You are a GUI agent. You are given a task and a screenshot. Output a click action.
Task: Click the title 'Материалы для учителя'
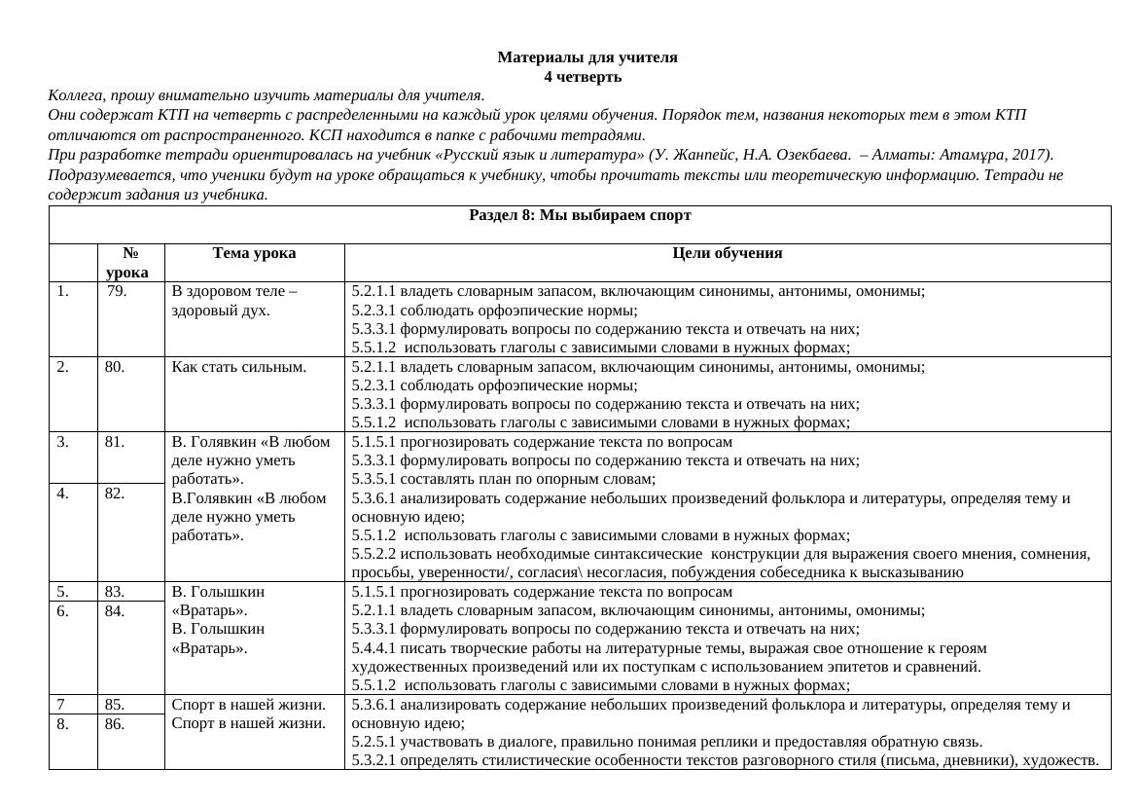pyautogui.click(x=587, y=57)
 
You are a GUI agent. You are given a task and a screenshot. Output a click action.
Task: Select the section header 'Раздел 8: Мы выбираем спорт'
pyautogui.click(x=580, y=215)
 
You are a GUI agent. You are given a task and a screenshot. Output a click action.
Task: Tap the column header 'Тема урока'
pyautogui.click(x=254, y=253)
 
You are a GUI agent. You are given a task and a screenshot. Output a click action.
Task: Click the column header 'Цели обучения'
pyautogui.click(x=727, y=253)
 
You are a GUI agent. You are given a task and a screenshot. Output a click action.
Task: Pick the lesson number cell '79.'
pyautogui.click(x=118, y=290)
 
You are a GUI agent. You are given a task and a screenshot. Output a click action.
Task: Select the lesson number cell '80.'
pyautogui.click(x=115, y=367)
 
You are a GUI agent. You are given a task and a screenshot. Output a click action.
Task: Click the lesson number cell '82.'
pyautogui.click(x=115, y=493)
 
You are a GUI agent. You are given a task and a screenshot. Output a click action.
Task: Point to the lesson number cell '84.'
pyautogui.click(x=115, y=611)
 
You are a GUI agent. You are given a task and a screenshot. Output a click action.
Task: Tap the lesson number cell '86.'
pyautogui.click(x=115, y=724)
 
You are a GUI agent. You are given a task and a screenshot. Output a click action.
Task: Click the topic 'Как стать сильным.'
pyautogui.click(x=238, y=367)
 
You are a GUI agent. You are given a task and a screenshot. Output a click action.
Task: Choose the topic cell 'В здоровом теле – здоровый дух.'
pyautogui.click(x=234, y=300)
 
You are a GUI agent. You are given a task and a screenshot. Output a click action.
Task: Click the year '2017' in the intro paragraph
pyautogui.click(x=1029, y=155)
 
